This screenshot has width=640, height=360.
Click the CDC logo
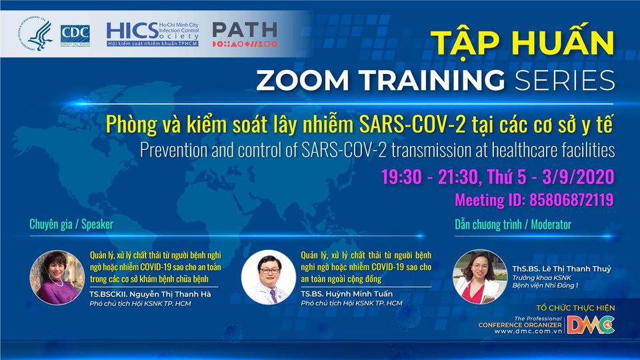click(75, 35)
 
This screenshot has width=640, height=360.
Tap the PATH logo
click(245, 34)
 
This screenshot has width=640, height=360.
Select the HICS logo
click(153, 34)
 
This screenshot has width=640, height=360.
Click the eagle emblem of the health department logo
click(35, 34)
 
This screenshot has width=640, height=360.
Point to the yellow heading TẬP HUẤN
click(523, 43)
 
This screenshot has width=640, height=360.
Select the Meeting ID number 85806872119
click(571, 200)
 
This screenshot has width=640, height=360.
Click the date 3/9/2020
click(579, 177)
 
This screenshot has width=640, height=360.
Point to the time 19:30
click(401, 177)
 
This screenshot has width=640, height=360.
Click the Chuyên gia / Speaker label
click(71, 224)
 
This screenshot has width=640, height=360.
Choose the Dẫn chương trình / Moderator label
click(513, 225)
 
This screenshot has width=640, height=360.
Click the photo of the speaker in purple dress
click(57, 277)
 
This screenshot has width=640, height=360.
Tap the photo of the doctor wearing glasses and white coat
click(269, 277)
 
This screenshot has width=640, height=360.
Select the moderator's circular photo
click(480, 277)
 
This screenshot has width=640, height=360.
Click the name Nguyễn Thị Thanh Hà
click(170, 294)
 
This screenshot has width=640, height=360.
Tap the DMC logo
click(591, 325)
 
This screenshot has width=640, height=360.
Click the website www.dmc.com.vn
click(528, 331)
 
